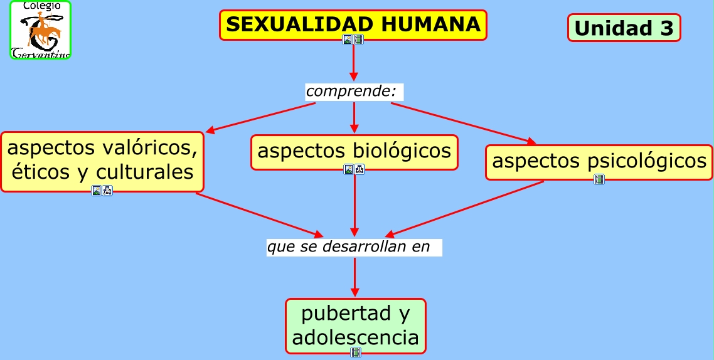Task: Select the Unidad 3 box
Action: pos(624,28)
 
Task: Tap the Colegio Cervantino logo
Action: pos(41,30)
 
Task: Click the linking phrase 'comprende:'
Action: pos(351,92)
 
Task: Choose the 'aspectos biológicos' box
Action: pos(354,151)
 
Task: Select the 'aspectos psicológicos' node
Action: pos(599,161)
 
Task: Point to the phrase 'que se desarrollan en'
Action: pos(349,246)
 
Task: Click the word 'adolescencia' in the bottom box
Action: pos(355,337)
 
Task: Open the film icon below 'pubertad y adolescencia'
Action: pos(356,352)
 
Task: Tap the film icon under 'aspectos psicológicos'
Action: pos(599,179)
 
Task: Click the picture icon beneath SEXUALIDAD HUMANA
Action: pos(348,40)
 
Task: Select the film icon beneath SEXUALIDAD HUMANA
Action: pos(358,40)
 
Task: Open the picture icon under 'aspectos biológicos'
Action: pos(349,169)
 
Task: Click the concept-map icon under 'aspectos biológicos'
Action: pos(360,169)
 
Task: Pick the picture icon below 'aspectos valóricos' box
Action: pos(97,191)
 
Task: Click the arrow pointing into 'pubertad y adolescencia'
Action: pos(355,277)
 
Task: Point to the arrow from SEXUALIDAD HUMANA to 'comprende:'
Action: pos(354,63)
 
